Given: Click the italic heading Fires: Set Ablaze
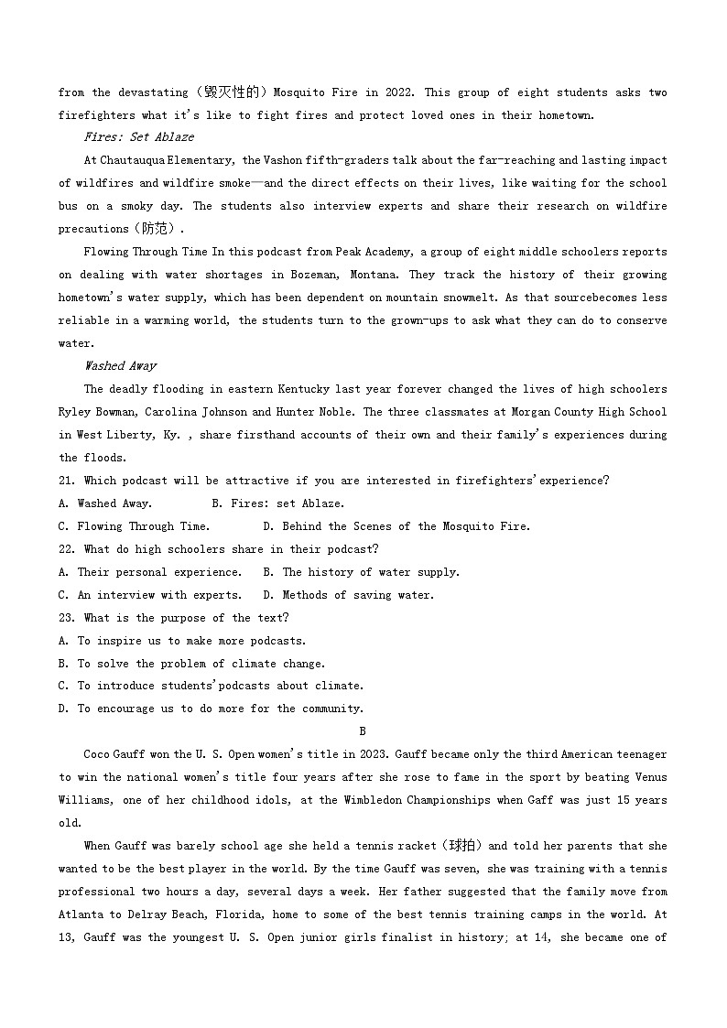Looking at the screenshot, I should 138,137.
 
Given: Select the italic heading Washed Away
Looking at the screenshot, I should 120,366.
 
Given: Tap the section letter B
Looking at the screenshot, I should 363,731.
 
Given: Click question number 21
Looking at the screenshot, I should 66,481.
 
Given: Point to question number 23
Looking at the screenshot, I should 66,618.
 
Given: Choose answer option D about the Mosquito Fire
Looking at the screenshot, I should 396,526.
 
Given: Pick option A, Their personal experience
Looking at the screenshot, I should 150,572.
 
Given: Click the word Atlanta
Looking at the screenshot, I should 80,914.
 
